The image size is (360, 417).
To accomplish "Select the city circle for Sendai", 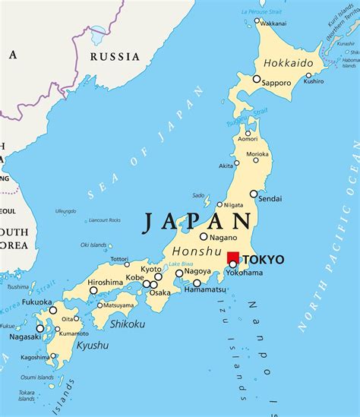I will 254,194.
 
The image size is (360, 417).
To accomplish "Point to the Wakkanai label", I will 273,24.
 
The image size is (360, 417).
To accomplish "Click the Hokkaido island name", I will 288,63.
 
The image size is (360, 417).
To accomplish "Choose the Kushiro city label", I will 314,81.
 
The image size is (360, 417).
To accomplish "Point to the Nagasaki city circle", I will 40,328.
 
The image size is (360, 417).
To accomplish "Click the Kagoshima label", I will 36,357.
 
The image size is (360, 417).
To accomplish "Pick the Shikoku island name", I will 127,324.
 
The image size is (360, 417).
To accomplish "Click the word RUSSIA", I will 115,56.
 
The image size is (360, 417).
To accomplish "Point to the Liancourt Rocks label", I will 105,220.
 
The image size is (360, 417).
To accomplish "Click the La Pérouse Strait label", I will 261,11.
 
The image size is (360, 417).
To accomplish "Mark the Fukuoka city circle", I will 53,310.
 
